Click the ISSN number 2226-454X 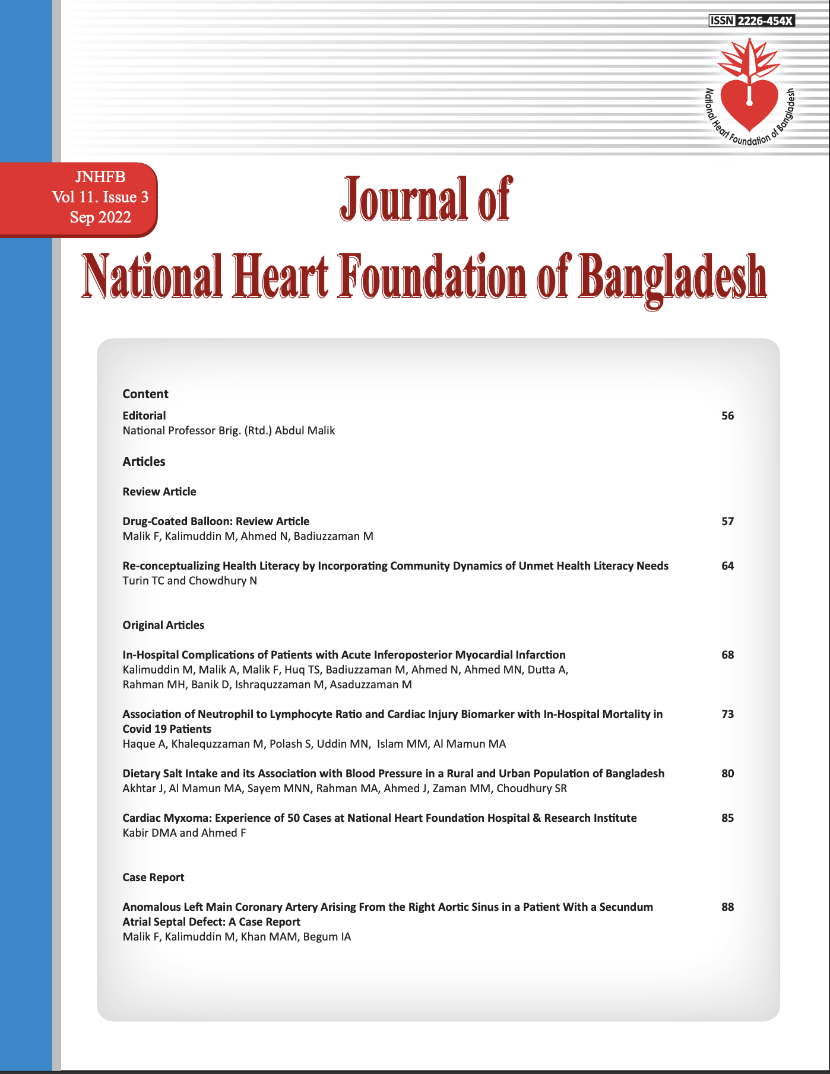(765, 21)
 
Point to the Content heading (145, 394)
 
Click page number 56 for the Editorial (728, 416)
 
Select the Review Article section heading (159, 492)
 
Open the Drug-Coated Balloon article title (216, 522)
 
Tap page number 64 (728, 566)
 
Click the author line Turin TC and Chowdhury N (189, 581)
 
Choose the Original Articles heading (163, 625)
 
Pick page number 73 (728, 714)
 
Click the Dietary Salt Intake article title (393, 774)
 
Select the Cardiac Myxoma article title (379, 818)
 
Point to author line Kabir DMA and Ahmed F (184, 833)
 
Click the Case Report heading (153, 878)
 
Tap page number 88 (728, 907)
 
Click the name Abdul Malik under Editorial (305, 431)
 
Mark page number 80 (728, 774)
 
